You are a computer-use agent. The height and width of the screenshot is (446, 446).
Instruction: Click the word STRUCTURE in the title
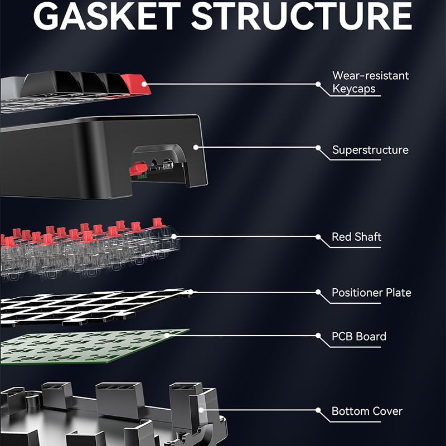(x=302, y=17)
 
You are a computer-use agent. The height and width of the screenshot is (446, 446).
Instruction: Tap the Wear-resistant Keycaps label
(x=370, y=82)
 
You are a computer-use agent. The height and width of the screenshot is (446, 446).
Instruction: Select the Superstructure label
(x=370, y=150)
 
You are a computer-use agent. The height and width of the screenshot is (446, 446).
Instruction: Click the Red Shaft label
(x=356, y=237)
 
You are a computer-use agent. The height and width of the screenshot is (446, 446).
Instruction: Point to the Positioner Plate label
(x=371, y=293)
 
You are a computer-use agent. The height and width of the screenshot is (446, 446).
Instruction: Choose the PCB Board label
(x=359, y=337)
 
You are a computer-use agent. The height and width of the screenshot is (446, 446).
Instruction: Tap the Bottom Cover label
(x=367, y=411)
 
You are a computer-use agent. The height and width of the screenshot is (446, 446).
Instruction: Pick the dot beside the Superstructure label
(x=318, y=148)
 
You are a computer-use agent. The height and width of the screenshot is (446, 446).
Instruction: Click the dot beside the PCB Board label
(x=318, y=336)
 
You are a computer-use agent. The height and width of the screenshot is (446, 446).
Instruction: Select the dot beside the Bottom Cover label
(x=318, y=411)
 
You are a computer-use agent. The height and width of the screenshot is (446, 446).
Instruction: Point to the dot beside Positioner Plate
(x=318, y=292)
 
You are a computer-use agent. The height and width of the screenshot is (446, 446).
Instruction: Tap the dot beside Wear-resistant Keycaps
(x=318, y=85)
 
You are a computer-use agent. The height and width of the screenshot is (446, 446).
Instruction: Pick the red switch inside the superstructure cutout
(x=135, y=168)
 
